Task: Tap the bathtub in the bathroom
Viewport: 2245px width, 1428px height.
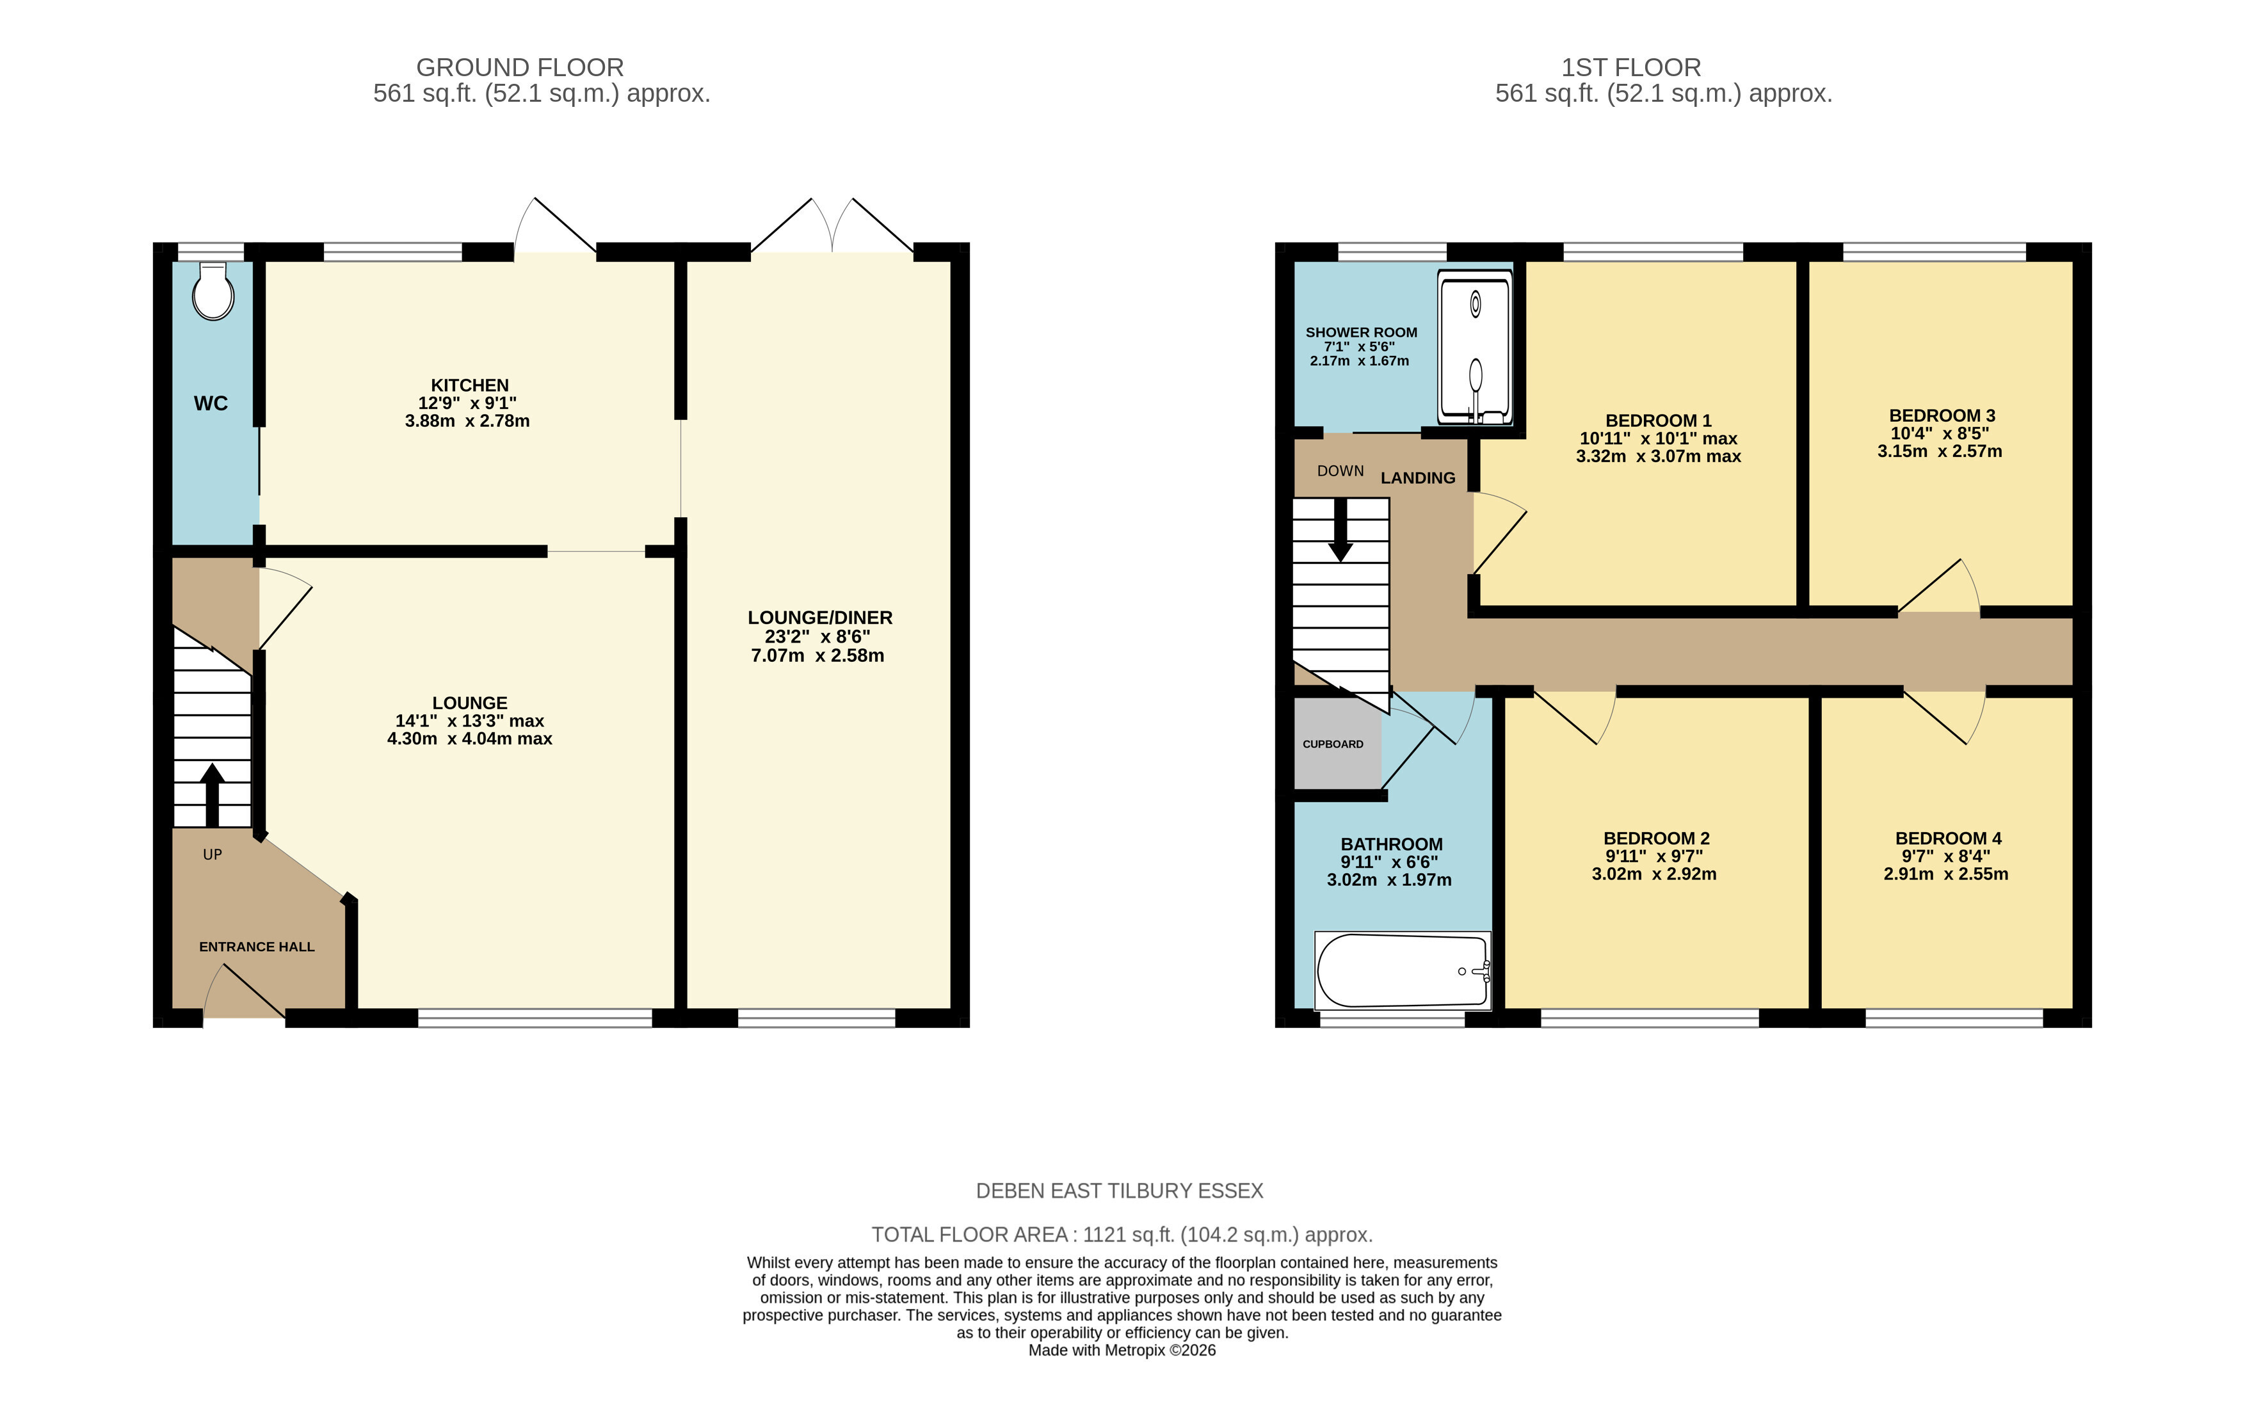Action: click(x=1402, y=970)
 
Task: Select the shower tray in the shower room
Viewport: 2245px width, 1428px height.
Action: click(x=1475, y=347)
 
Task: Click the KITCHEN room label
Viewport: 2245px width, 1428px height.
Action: click(x=470, y=385)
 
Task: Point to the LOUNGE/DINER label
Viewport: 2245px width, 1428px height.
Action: click(x=819, y=617)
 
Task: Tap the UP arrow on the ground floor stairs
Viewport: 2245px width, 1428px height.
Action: click(x=213, y=795)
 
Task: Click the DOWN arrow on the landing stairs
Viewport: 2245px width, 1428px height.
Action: click(x=1340, y=529)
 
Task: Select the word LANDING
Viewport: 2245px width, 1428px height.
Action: click(x=1417, y=478)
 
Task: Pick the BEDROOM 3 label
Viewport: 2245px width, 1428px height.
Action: click(x=1942, y=415)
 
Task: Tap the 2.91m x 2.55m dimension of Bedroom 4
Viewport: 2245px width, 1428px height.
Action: click(x=1945, y=874)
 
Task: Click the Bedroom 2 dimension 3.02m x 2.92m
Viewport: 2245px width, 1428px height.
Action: click(x=1654, y=874)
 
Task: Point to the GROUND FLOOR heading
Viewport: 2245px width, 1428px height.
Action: click(x=519, y=67)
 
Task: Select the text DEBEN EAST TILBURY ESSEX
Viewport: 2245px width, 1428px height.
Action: click(x=1120, y=1191)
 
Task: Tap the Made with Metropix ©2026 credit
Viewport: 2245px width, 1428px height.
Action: click(x=1123, y=1351)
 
